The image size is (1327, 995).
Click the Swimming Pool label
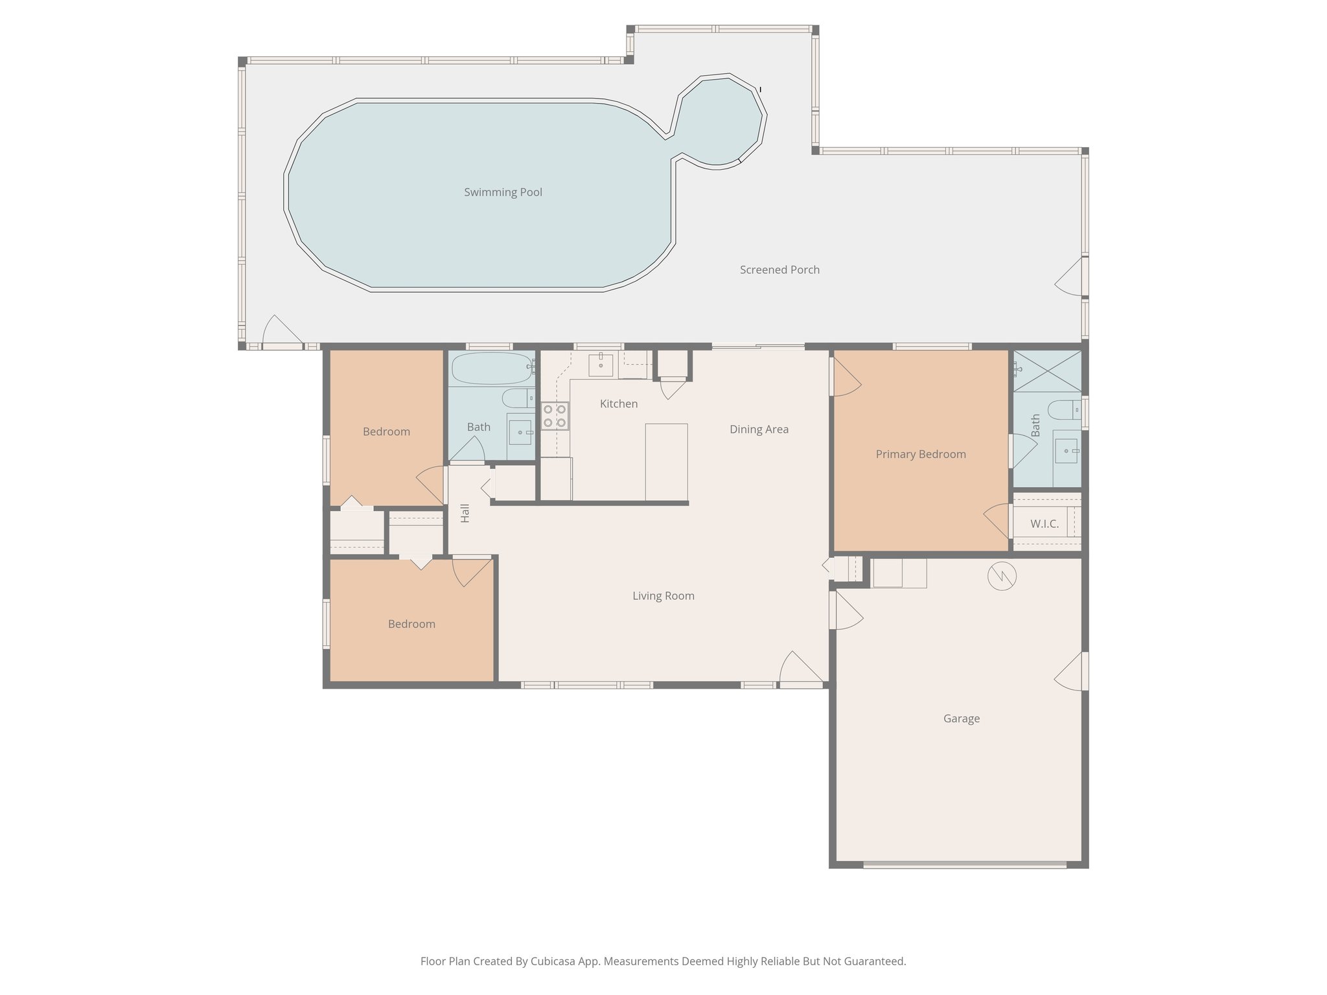(x=503, y=192)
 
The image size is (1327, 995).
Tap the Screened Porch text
(x=779, y=270)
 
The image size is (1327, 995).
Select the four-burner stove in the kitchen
(x=555, y=416)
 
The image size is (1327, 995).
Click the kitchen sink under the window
(x=601, y=365)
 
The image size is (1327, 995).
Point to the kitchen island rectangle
(x=666, y=461)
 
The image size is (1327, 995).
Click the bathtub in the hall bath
(x=490, y=368)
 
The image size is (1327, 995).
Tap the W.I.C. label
(x=1044, y=524)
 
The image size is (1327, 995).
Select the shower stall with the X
(x=1047, y=371)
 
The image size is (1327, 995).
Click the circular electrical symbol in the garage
(x=1002, y=575)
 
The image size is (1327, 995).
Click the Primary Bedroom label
(x=920, y=455)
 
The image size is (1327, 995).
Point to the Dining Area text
(x=759, y=429)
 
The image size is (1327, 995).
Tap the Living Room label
(x=663, y=596)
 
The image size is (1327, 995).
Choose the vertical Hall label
(x=465, y=513)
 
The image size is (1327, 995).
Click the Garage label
(x=961, y=718)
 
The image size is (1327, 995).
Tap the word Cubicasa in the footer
(x=555, y=961)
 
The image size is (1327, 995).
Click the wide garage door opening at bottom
(x=964, y=864)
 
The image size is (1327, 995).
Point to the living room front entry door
(x=801, y=680)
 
